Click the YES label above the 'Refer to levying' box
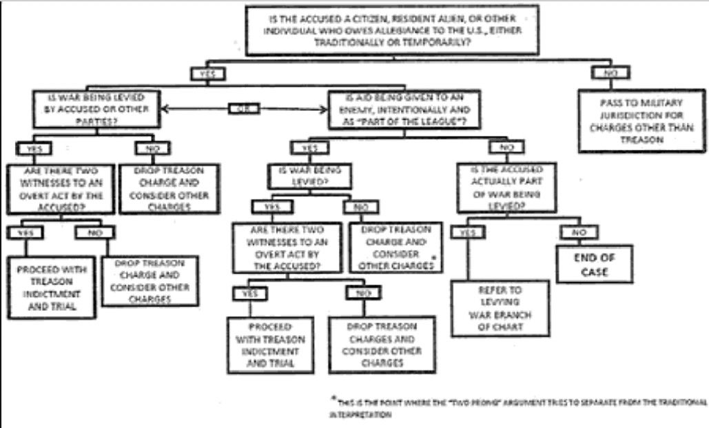pyautogui.click(x=467, y=232)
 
